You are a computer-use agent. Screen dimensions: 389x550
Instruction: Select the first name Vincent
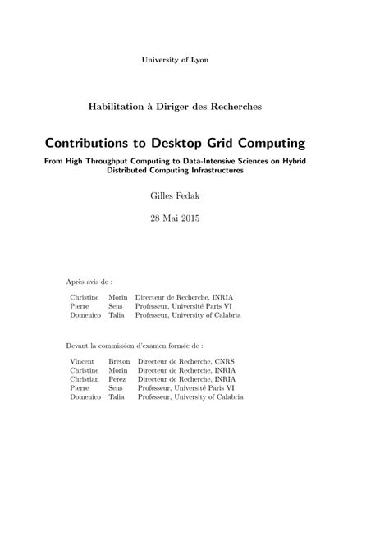click(x=83, y=360)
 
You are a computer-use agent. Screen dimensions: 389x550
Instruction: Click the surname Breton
click(x=119, y=360)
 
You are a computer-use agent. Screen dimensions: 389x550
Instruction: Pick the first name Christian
click(x=85, y=379)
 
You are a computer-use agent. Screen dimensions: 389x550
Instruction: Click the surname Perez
click(x=117, y=379)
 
